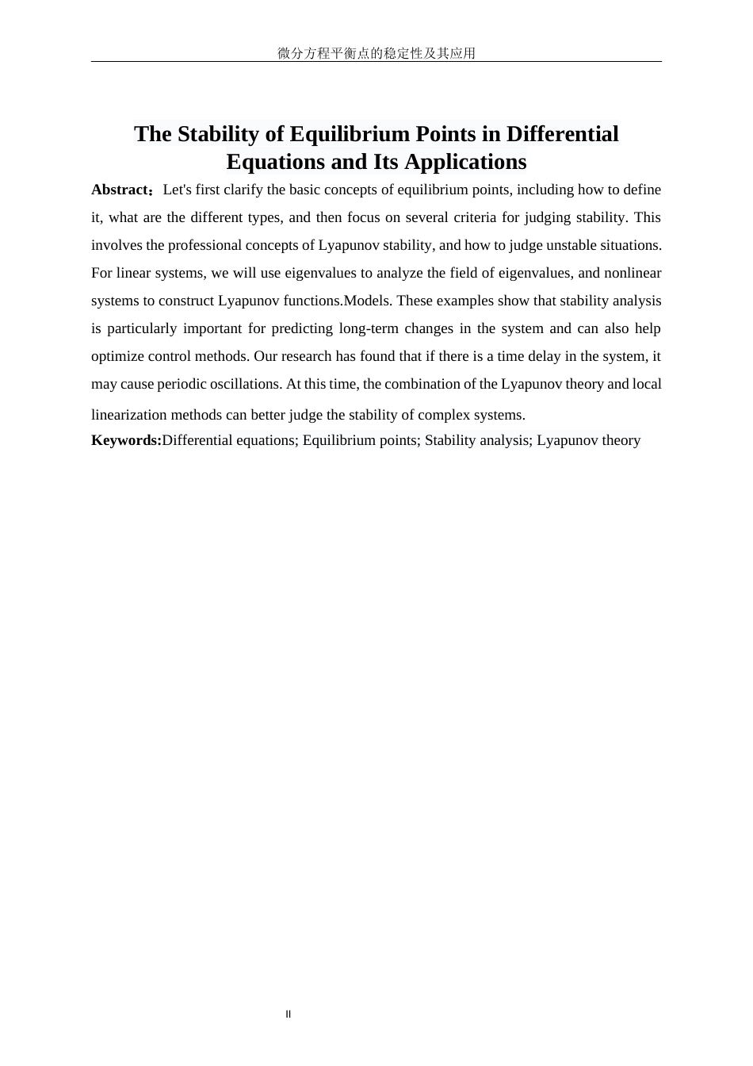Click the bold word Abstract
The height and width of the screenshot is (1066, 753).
[120, 190]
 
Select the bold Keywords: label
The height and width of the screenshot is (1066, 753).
[126, 440]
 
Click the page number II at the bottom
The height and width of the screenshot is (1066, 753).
[289, 1014]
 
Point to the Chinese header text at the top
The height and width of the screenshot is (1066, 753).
[376, 53]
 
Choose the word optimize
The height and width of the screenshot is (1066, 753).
[117, 356]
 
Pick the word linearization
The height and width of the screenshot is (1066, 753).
[127, 415]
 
